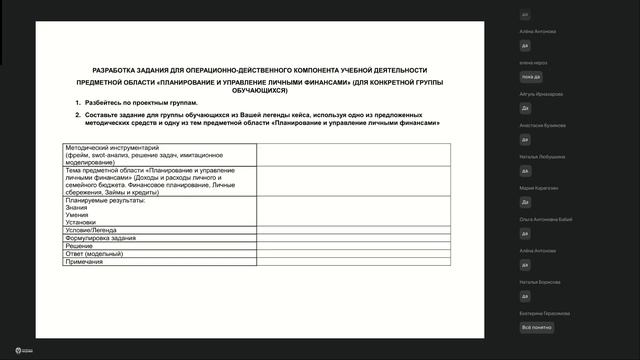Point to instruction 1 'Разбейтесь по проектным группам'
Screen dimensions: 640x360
pyautogui.click(x=141, y=103)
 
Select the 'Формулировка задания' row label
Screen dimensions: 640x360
pyautogui.click(x=101, y=238)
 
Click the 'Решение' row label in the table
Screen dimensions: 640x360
pyautogui.click(x=79, y=246)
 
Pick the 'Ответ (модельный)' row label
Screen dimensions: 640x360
pyautogui.click(x=93, y=254)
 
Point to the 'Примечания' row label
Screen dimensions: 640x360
pyautogui.click(x=84, y=262)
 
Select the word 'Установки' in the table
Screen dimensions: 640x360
pyautogui.click(x=82, y=222)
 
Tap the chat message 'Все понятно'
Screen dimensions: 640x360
pyautogui.click(x=536, y=327)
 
